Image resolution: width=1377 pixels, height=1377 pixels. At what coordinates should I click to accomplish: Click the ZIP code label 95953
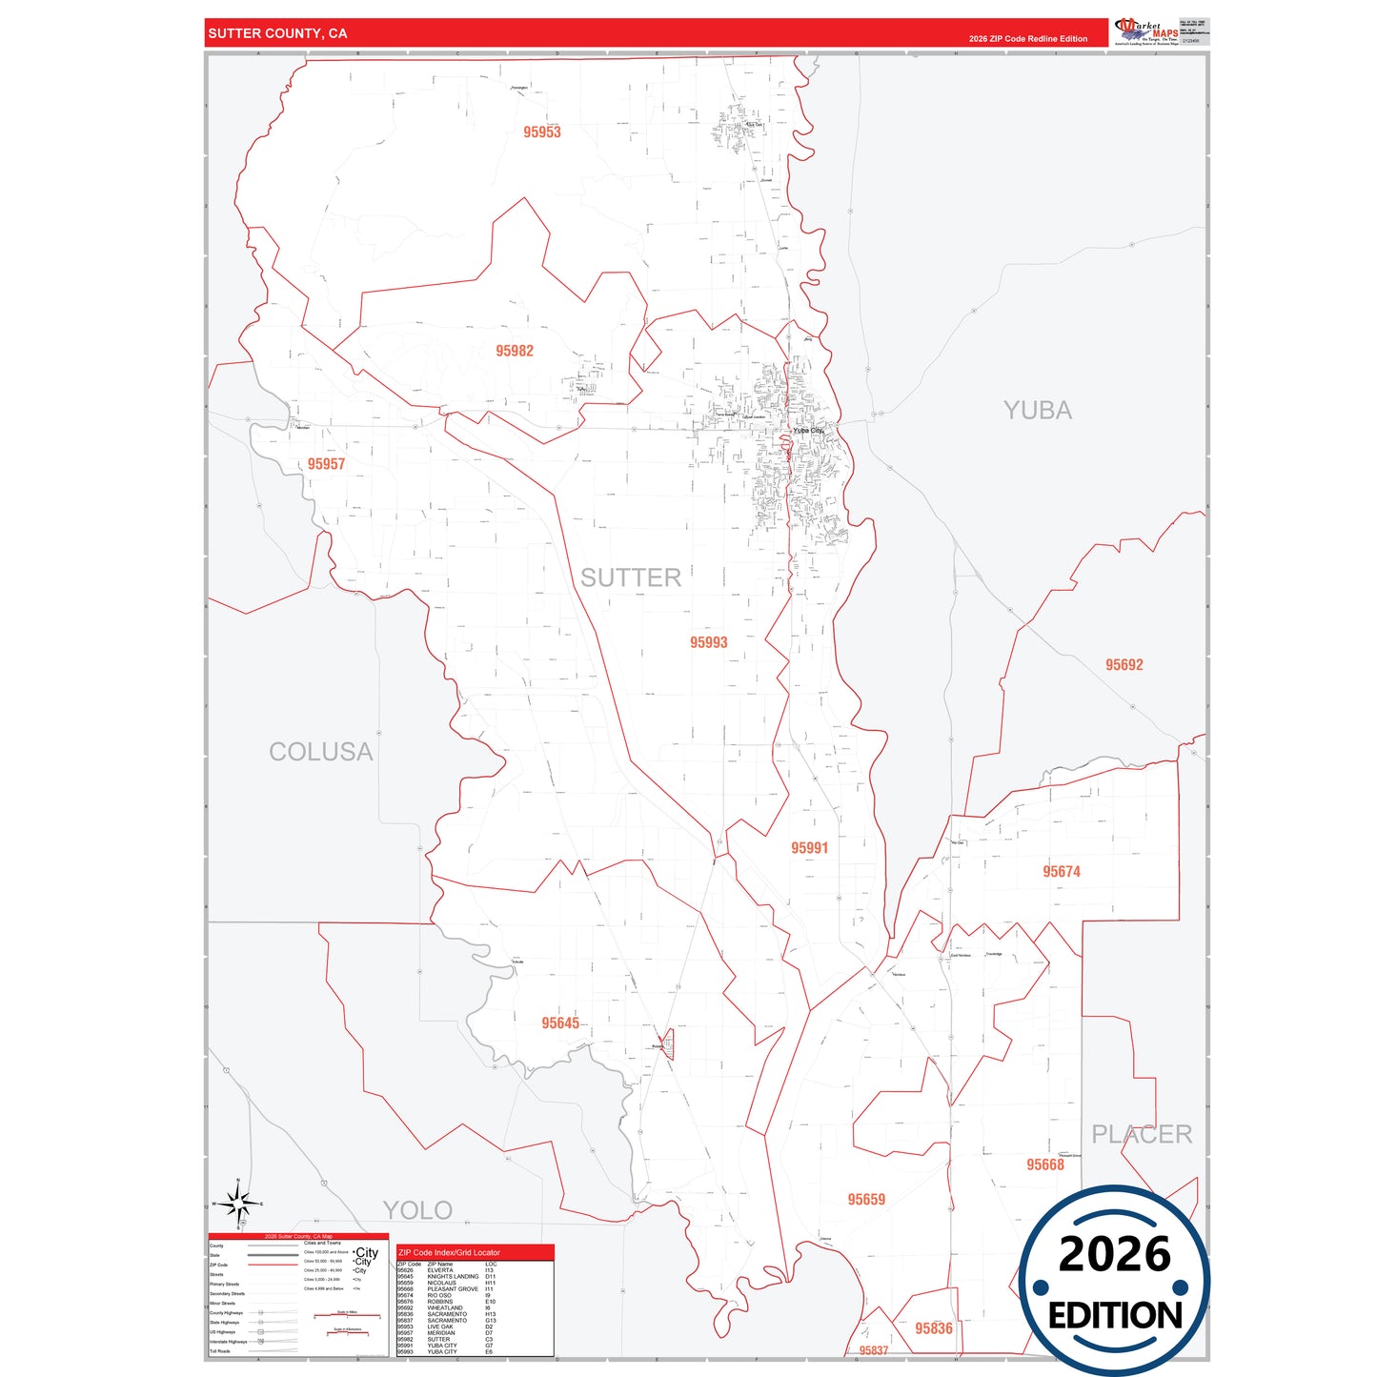(542, 132)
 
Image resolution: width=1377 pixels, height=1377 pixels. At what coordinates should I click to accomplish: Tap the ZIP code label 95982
(515, 351)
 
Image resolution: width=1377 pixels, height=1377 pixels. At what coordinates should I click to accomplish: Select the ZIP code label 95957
(326, 464)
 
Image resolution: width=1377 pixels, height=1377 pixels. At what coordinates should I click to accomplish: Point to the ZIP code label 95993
(709, 643)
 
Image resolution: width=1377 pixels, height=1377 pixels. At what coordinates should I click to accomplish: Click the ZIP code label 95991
(809, 848)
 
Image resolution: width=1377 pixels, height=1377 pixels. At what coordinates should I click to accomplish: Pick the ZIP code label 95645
(560, 1023)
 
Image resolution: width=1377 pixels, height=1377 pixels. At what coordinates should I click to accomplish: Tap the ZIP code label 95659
(866, 1200)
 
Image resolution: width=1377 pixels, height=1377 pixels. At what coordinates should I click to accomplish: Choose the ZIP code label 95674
(1062, 872)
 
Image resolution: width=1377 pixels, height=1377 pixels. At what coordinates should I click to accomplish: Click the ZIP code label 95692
(1124, 665)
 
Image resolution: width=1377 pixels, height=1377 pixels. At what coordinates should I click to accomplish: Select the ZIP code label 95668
(1045, 1164)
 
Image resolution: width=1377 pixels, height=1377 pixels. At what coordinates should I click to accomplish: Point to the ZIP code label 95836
(934, 1328)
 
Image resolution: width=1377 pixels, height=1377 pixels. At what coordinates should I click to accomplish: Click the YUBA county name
(1038, 411)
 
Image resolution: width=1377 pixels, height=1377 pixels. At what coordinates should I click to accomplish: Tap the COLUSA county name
(320, 752)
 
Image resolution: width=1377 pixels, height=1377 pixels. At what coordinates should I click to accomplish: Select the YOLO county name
(417, 1210)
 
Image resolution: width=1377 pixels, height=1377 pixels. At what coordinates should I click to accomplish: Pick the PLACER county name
(1142, 1134)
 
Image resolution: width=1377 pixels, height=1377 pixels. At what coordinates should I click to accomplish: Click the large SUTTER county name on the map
(631, 577)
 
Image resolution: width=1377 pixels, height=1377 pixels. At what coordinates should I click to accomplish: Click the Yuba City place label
(808, 431)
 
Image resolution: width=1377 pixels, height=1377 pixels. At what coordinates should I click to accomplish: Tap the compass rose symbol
(238, 1204)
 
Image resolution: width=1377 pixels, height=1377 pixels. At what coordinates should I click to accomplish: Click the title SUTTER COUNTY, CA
(277, 33)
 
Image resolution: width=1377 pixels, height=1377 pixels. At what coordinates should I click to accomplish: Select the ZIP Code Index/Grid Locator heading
(449, 1252)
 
